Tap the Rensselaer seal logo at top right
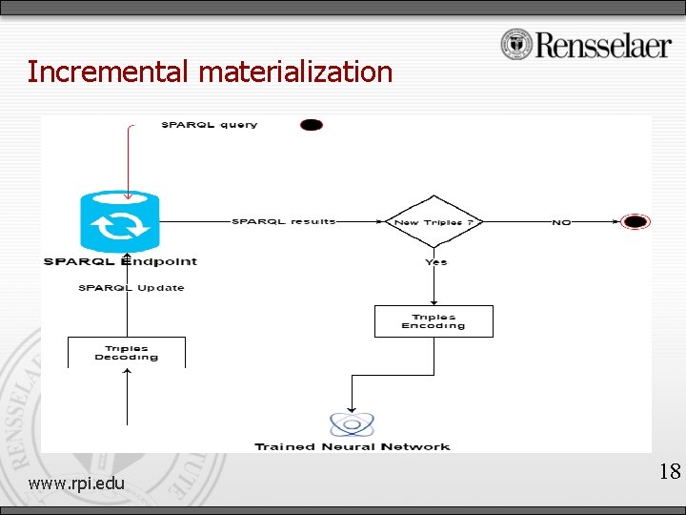pyautogui.click(x=516, y=44)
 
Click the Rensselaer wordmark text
pyautogui.click(x=603, y=45)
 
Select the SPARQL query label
pyautogui.click(x=210, y=125)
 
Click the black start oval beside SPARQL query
pyautogui.click(x=312, y=125)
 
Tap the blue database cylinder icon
pyautogui.click(x=120, y=222)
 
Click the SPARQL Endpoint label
pyautogui.click(x=120, y=261)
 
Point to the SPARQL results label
pyautogui.click(x=284, y=221)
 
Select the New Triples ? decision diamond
pyautogui.click(x=434, y=222)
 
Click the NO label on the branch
pyautogui.click(x=561, y=222)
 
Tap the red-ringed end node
pyautogui.click(x=635, y=222)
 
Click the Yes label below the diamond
pyautogui.click(x=435, y=261)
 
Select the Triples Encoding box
pyautogui.click(x=434, y=321)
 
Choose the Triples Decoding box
pyautogui.click(x=127, y=353)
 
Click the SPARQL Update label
pyautogui.click(x=131, y=287)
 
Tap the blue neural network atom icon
pyautogui.click(x=352, y=424)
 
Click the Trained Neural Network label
pyautogui.click(x=353, y=446)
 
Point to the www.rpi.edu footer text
pyautogui.click(x=76, y=484)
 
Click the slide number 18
pyautogui.click(x=670, y=471)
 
